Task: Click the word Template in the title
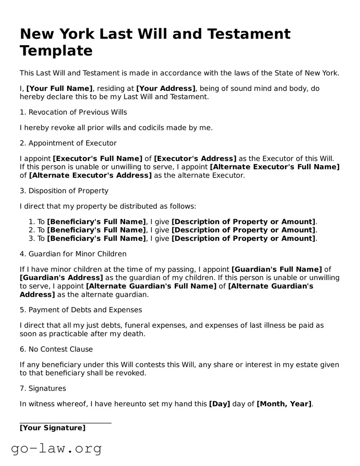56,51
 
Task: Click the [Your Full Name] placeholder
59,88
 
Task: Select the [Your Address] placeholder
166,88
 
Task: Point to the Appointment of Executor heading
68,143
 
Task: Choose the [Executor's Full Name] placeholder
97,159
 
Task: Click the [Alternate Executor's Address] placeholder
90,175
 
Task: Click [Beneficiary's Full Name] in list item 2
97,230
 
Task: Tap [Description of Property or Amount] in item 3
243,238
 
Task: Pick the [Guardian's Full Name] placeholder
276,269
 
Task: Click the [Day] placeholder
220,404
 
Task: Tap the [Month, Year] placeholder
284,404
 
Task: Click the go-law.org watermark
56,448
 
